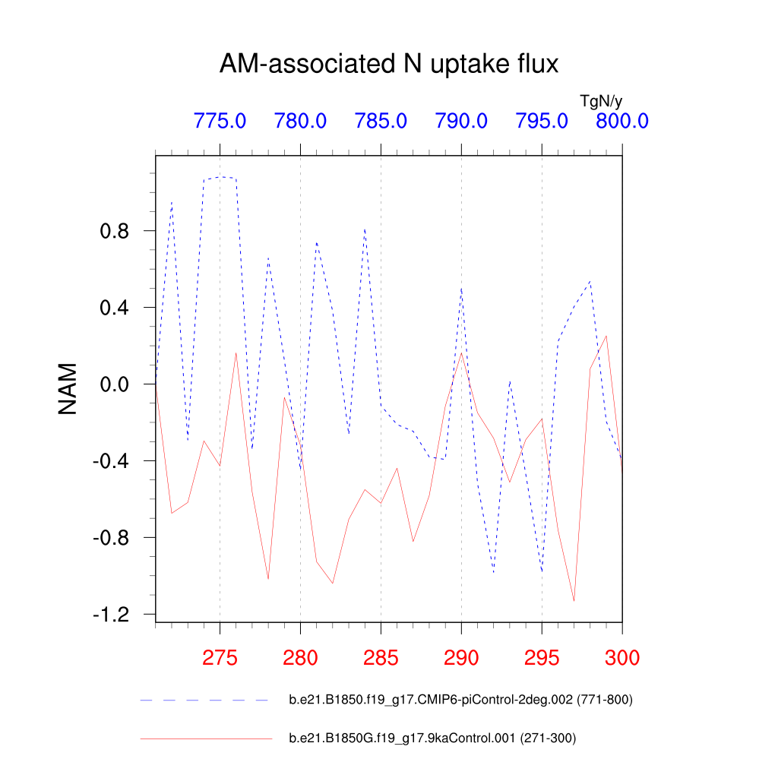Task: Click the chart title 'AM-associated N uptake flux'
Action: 388,65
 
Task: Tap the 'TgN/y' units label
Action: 601,100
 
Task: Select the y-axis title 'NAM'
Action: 68,388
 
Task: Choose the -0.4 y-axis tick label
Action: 113,461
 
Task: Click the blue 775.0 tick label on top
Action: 220,121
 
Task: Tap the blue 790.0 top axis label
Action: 461,121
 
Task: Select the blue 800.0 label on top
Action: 621,121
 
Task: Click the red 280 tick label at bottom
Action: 300,658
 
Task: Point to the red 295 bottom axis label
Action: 542,658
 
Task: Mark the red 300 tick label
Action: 621,658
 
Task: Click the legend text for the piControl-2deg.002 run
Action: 460,700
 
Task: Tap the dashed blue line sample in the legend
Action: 205,700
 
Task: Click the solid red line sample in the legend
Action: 205,738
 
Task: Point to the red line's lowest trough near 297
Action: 574,601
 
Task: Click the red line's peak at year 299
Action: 606,336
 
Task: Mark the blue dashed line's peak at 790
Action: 461,287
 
